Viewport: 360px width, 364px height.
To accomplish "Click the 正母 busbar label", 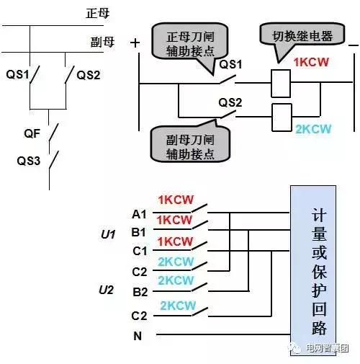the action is tap(98, 13).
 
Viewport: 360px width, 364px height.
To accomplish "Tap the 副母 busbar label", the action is tap(102, 42).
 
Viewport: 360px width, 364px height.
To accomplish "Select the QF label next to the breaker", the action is tap(32, 133).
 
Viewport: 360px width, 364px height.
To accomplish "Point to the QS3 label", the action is tap(28, 161).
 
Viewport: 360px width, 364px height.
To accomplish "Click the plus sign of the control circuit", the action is tap(135, 43).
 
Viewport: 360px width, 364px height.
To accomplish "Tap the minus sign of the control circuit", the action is tap(354, 45).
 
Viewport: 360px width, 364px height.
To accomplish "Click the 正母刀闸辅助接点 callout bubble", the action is tap(190, 43).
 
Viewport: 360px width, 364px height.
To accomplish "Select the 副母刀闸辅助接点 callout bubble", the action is tap(190, 144).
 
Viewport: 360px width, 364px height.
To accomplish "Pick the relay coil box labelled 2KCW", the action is tap(282, 117).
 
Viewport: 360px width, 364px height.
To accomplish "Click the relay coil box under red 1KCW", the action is tap(281, 84).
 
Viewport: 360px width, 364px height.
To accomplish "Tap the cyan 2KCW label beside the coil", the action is tap(313, 129).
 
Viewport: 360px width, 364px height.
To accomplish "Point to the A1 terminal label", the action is tap(139, 214).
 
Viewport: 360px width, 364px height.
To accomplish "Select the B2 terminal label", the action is tap(140, 292).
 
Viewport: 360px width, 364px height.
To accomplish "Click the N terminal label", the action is tap(138, 336).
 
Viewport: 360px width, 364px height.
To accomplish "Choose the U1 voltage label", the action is tap(108, 234).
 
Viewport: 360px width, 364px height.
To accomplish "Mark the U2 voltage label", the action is tap(106, 290).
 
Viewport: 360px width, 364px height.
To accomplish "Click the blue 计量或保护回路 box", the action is tap(313, 270).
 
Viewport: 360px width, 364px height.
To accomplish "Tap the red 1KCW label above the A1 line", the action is tap(176, 200).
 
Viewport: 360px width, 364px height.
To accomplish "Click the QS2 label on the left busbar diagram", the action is tap(89, 75).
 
